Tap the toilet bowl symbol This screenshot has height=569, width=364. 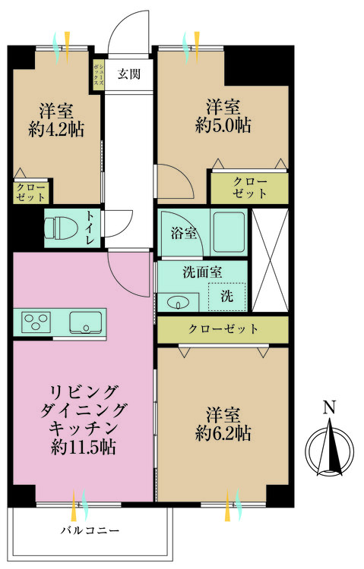tap(59, 227)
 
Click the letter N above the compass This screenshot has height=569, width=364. tap(328, 408)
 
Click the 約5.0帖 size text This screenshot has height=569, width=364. tap(223, 125)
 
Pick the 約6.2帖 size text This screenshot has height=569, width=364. tap(223, 434)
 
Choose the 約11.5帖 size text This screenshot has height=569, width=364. tap(83, 448)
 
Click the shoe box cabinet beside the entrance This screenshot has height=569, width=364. tap(98, 76)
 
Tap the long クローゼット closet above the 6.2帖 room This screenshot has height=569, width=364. tap(223, 329)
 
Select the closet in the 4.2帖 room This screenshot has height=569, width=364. tap(30, 192)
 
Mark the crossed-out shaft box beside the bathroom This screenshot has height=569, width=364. tap(270, 259)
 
